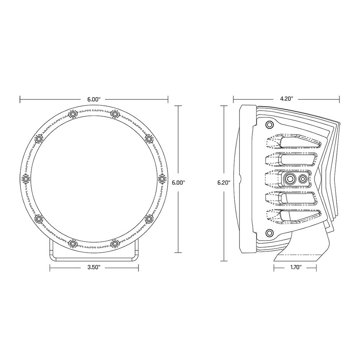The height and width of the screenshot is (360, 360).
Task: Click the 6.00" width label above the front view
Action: coord(94,98)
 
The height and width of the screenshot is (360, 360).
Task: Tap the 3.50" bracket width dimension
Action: coord(93,267)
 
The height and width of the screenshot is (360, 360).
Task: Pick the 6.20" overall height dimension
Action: coord(224,183)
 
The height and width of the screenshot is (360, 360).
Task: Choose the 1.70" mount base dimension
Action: coord(295,267)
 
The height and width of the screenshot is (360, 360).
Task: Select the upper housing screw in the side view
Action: coord(269,125)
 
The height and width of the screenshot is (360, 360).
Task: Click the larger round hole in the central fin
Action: coord(289,178)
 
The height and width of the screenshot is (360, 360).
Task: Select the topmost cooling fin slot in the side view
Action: coord(293,142)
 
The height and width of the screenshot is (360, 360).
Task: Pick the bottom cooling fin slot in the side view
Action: coord(293,215)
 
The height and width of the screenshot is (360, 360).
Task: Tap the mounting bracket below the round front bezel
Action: coord(93,254)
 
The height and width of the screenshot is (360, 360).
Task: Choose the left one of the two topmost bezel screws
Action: coord(73,114)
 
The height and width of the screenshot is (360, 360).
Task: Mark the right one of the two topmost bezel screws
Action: coord(115,114)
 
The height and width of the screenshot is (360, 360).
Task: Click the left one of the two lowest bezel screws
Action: coord(73,244)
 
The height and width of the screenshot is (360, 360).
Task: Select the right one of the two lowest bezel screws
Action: coord(115,244)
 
